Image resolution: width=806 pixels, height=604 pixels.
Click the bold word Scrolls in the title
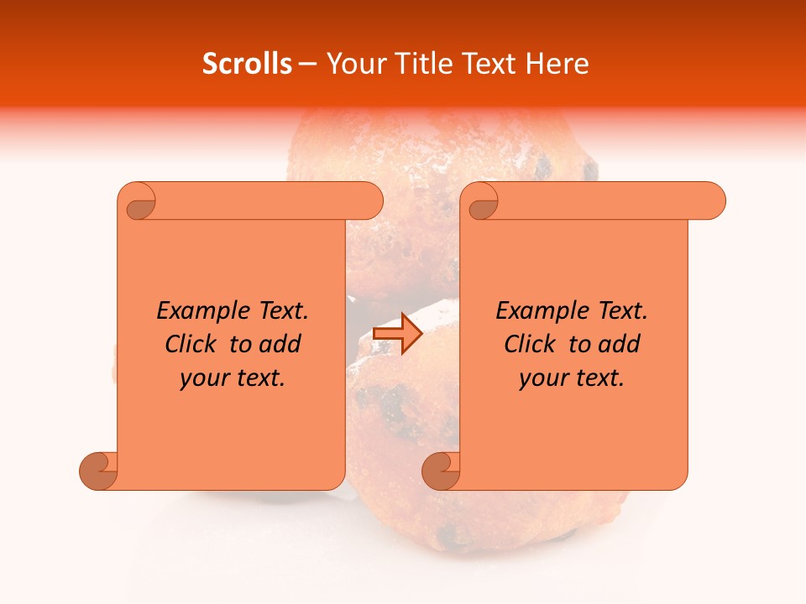coord(247,64)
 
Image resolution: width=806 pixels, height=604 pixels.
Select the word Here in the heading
coord(556,64)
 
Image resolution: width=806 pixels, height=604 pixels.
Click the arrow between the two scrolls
coord(397,333)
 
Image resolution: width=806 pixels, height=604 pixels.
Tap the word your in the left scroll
coord(203,378)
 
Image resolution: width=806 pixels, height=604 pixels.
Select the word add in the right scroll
coord(620,344)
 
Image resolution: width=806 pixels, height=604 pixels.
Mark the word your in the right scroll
coord(542,378)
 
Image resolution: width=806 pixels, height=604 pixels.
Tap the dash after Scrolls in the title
coord(308,64)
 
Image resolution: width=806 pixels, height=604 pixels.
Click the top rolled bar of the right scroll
coord(604,201)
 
